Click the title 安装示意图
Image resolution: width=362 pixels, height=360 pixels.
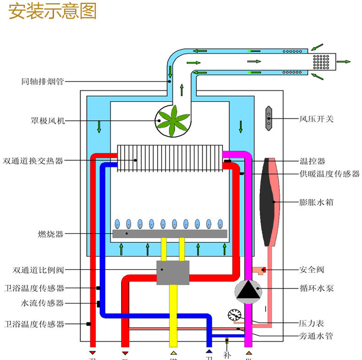tap(53, 12)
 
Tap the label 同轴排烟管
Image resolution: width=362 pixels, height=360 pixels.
tap(42, 82)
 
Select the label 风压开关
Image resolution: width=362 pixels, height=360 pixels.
tap(316, 119)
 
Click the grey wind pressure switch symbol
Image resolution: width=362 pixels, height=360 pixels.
tap(269, 119)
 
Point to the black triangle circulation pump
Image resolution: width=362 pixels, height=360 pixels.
tap(248, 290)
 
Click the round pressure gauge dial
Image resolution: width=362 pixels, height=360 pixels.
tap(234, 315)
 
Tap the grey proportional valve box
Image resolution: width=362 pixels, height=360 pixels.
tap(173, 272)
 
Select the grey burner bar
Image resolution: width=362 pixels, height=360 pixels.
tap(170, 233)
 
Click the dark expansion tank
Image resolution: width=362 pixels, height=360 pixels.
tap(267, 202)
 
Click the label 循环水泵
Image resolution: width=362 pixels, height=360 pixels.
tap(316, 288)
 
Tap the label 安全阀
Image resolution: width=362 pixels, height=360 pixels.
tap(312, 270)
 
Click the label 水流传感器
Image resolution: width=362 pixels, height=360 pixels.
tap(42, 303)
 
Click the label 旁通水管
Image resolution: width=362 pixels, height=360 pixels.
tap(316, 337)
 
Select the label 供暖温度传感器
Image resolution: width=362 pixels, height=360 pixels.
tap(329, 174)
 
